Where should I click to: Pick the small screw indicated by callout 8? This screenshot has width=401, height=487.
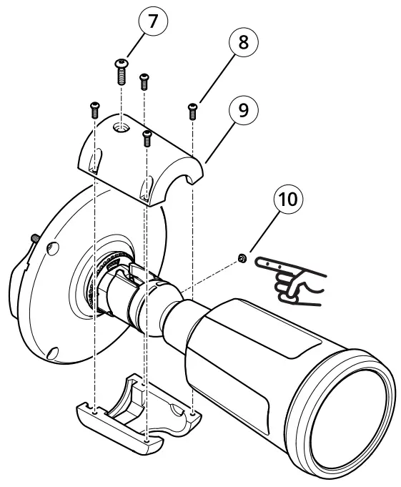pos(192,110)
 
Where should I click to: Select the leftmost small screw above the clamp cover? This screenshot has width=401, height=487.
pos(94,109)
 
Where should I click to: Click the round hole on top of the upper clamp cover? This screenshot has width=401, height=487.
pos(122,127)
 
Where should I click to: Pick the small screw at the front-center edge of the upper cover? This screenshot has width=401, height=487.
pos(147,136)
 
